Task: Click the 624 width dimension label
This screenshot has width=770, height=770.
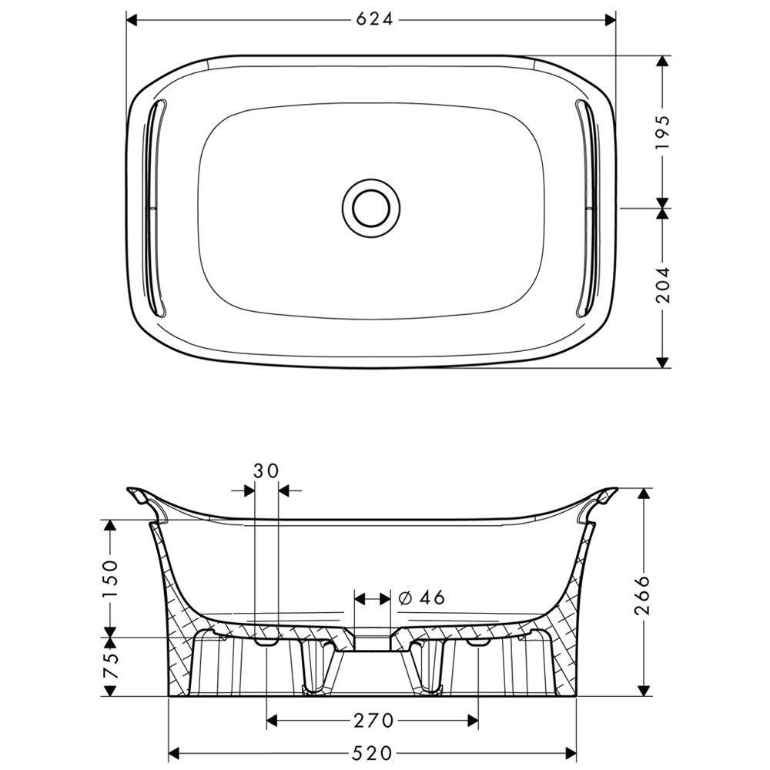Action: point(375,20)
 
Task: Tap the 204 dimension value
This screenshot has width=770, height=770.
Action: point(663,285)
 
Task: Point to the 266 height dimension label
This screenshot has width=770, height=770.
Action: point(642,594)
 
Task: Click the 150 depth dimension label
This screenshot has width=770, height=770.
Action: point(110,578)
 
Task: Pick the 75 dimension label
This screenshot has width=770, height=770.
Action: point(110,665)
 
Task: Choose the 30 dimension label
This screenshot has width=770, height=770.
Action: point(266,471)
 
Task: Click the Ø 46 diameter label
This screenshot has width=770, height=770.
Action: point(422,598)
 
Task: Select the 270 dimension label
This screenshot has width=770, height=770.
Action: point(373,721)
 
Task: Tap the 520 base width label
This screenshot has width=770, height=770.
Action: point(373,752)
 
